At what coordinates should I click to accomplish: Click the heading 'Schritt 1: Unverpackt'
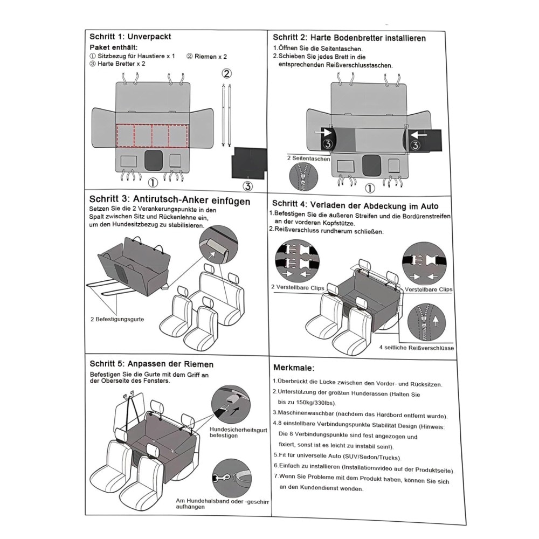pyautogui.click(x=130, y=37)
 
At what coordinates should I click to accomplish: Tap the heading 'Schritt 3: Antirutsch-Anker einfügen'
pyautogui.click(x=170, y=201)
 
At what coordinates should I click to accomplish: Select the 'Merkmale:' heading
pyautogui.click(x=294, y=368)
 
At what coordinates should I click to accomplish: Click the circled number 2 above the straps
pyautogui.click(x=227, y=73)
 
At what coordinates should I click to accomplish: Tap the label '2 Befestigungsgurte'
pyautogui.click(x=117, y=319)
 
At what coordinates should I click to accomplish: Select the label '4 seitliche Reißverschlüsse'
pyautogui.click(x=416, y=348)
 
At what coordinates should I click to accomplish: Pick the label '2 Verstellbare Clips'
pyautogui.click(x=298, y=288)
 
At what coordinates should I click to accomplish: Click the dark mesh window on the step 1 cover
pyautogui.click(x=154, y=161)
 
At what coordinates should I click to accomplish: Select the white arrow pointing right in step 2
pyautogui.click(x=324, y=132)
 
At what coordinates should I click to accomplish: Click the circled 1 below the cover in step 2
pyautogui.click(x=370, y=188)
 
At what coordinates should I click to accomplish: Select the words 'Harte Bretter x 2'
pyautogui.click(x=121, y=64)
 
